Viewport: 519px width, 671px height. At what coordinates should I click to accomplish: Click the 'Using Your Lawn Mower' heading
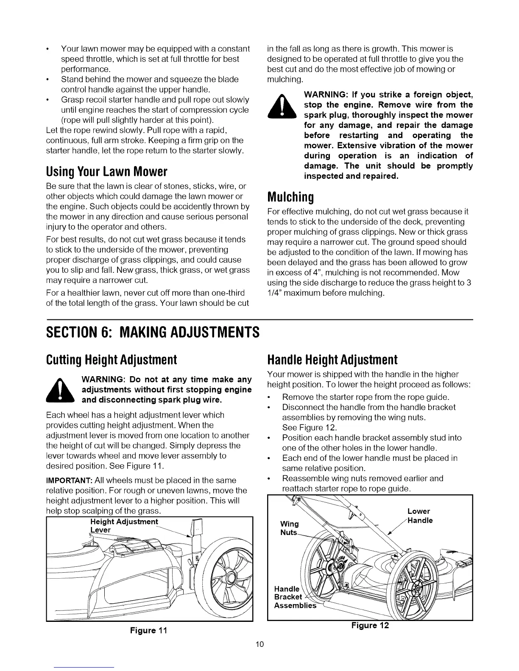click(106, 172)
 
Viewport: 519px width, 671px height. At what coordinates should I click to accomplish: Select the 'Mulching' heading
click(290, 197)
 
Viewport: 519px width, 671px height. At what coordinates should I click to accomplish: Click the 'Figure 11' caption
click(149, 630)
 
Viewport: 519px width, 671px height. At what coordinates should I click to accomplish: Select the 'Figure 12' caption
click(370, 626)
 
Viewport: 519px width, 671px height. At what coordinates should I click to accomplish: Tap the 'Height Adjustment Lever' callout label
click(121, 526)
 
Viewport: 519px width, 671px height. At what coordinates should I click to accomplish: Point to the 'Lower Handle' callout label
click(419, 516)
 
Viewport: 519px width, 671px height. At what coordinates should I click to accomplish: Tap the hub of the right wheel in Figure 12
click(418, 589)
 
